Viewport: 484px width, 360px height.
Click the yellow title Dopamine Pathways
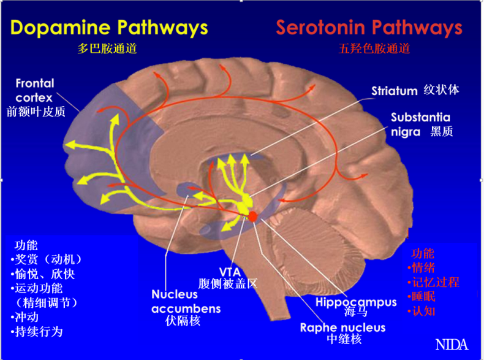(109, 28)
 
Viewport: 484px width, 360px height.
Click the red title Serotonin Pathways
(369, 28)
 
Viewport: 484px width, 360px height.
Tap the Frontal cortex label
(34, 91)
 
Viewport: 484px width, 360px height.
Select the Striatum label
(394, 91)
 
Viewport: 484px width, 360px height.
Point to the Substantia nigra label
(420, 124)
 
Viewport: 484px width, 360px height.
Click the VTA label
(230, 272)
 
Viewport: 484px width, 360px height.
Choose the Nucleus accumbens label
(186, 302)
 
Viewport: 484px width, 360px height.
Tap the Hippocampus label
(356, 302)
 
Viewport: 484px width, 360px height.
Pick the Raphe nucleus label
(342, 327)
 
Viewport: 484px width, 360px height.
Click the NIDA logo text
(452, 345)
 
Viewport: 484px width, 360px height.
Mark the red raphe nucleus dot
(253, 216)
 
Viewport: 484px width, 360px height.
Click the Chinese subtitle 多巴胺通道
(107, 48)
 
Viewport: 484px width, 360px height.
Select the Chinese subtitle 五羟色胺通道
(374, 48)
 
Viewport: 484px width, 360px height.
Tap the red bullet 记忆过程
(433, 282)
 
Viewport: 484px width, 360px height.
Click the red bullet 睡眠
(422, 296)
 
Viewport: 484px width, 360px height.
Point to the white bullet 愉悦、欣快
(43, 274)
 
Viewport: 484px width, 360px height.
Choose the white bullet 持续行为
(37, 332)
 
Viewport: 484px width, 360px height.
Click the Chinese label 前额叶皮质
(36, 112)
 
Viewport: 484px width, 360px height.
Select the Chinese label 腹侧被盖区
(228, 284)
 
